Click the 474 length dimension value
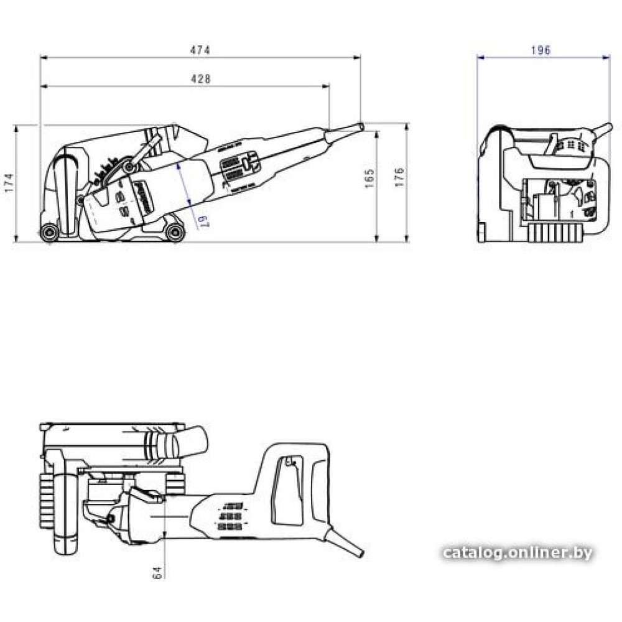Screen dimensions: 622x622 (200, 50)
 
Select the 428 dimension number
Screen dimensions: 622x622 (201, 79)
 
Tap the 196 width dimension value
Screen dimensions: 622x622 (541, 50)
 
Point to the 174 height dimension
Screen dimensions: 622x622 (9, 183)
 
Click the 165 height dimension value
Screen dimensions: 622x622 (369, 179)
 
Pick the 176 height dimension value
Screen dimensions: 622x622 (399, 177)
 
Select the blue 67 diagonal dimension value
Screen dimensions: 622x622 (203, 221)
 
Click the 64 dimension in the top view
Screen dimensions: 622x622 (157, 573)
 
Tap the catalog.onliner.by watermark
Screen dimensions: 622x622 (518, 552)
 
